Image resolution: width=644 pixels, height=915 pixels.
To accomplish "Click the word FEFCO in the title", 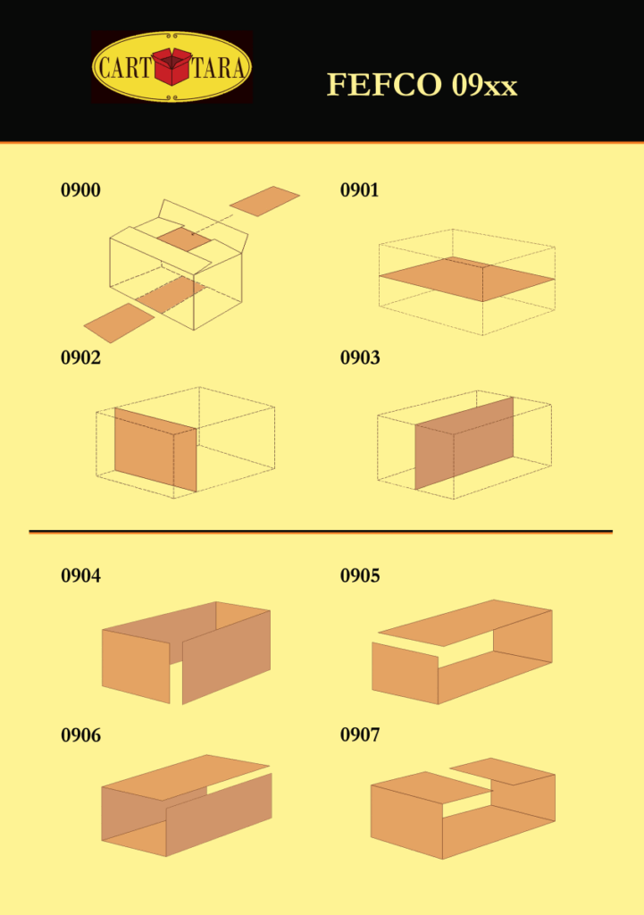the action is pyautogui.click(x=384, y=85).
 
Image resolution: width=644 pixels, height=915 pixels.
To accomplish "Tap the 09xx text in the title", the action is pyautogui.click(x=484, y=85).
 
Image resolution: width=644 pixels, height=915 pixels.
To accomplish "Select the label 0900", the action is pyautogui.click(x=80, y=190).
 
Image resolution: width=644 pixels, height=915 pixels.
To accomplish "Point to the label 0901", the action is pyautogui.click(x=359, y=190).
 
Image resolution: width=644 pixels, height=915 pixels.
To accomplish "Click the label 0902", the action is pyautogui.click(x=80, y=357).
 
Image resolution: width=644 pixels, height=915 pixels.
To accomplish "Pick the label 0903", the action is pyautogui.click(x=360, y=357).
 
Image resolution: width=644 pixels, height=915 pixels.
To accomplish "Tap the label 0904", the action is pyautogui.click(x=80, y=576).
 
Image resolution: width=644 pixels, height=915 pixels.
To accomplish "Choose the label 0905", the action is pyautogui.click(x=360, y=576).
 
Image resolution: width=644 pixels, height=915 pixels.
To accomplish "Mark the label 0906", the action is pyautogui.click(x=80, y=735).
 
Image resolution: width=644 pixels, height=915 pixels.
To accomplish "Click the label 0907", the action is pyautogui.click(x=360, y=735).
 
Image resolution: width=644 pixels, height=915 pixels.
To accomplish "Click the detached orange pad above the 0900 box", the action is pyautogui.click(x=264, y=201).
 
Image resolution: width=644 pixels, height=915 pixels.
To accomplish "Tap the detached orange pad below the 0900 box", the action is pyautogui.click(x=119, y=322).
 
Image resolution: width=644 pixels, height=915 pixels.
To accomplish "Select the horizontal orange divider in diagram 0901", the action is pyautogui.click(x=466, y=279).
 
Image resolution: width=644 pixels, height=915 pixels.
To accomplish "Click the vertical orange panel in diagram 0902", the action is pyautogui.click(x=155, y=449).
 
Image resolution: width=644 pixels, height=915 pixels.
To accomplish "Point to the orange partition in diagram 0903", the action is pyautogui.click(x=464, y=443).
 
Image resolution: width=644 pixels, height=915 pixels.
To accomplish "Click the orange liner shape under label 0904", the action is pyautogui.click(x=186, y=652).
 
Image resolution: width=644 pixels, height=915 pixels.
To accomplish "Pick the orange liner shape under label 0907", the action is pyautogui.click(x=463, y=808).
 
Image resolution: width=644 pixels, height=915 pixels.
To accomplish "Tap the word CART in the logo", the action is pyautogui.click(x=124, y=68).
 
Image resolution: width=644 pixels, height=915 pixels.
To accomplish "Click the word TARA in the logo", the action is pyautogui.click(x=218, y=68).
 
